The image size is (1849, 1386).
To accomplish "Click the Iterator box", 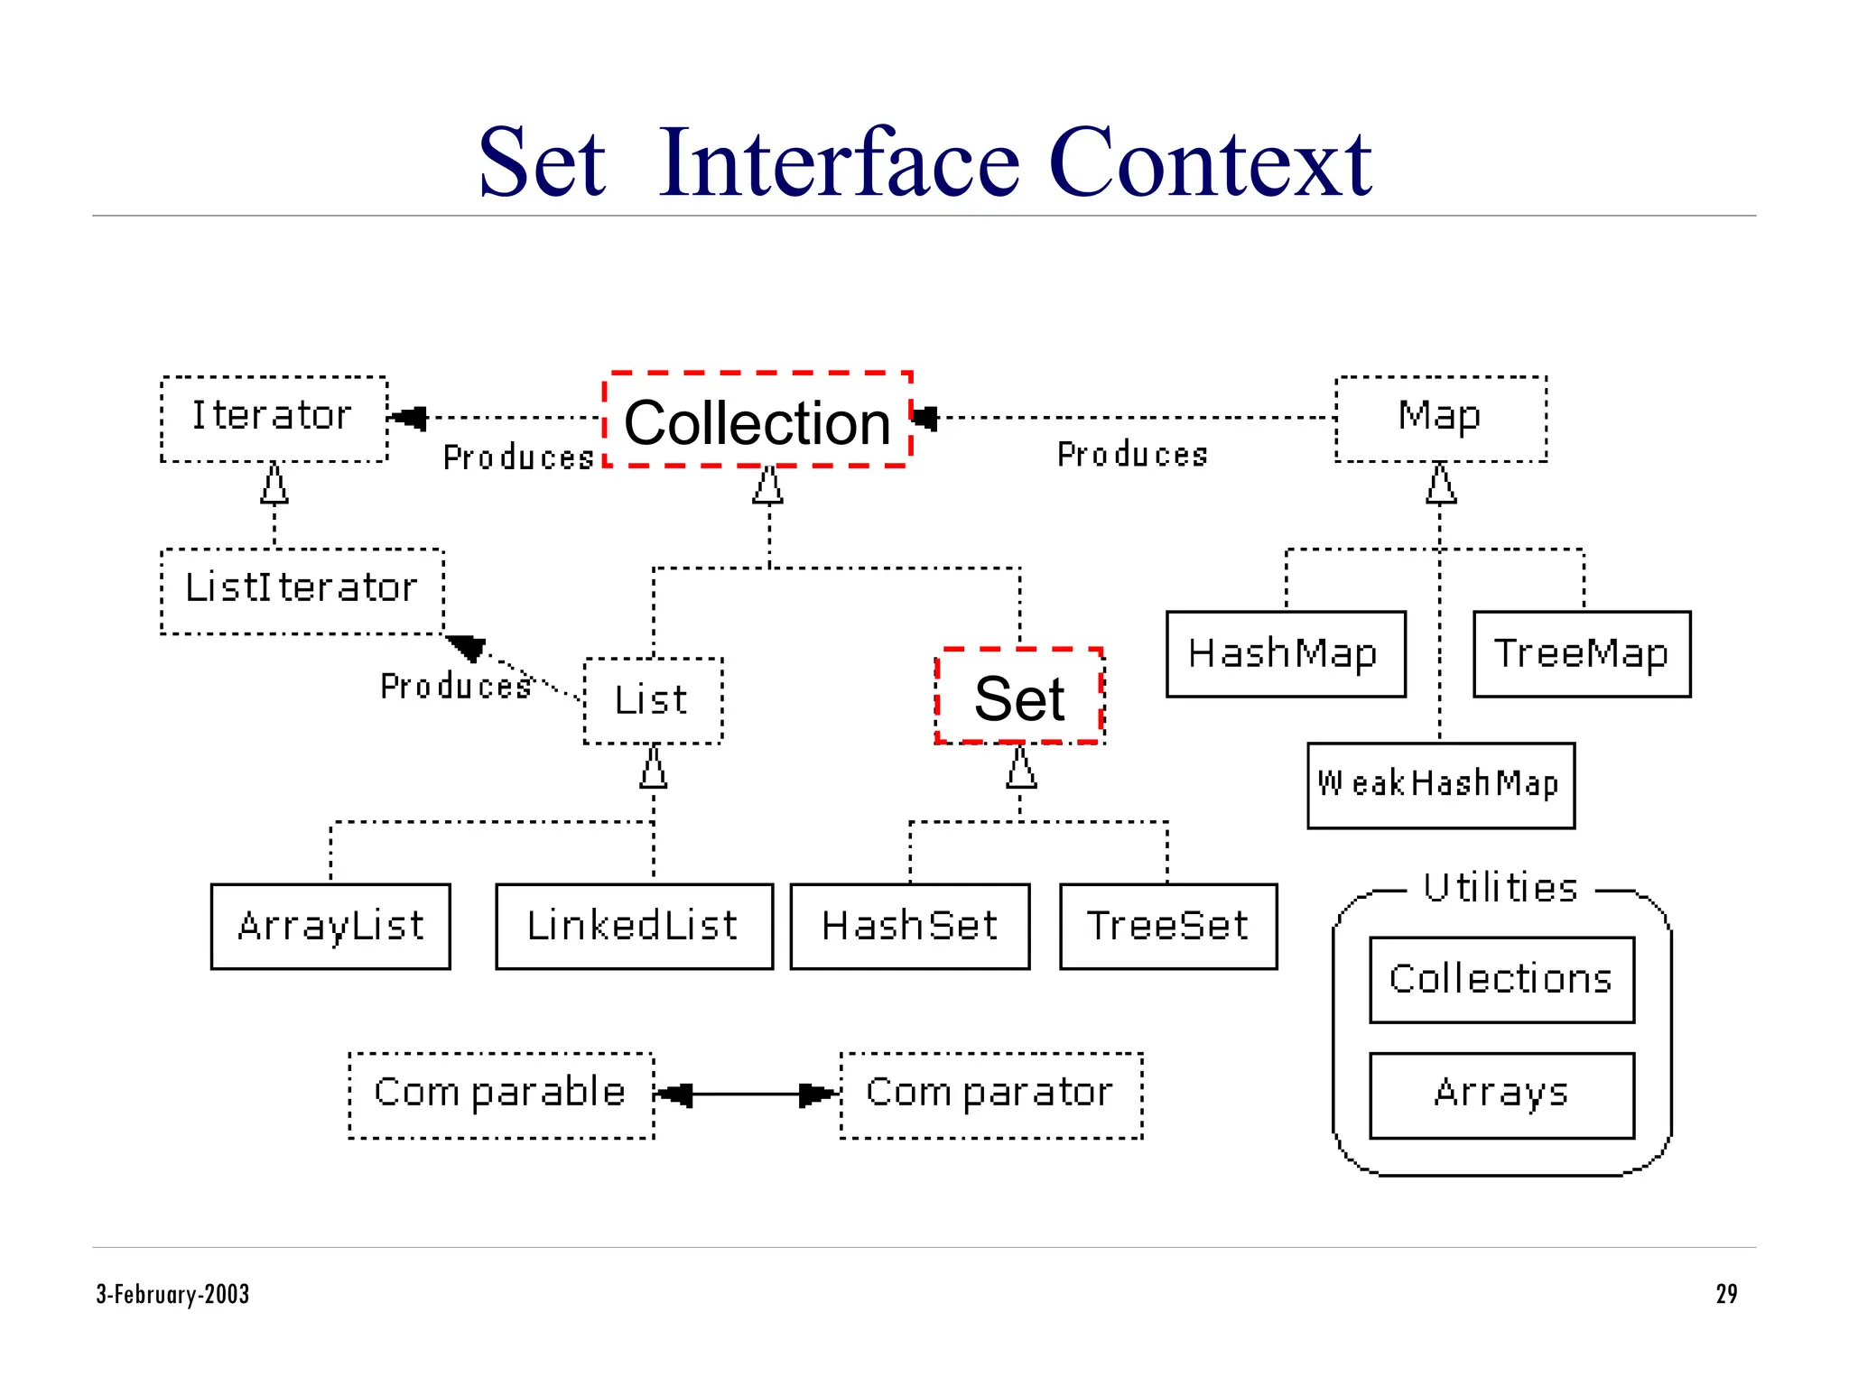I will (x=274, y=419).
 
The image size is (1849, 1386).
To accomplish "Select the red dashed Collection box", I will (x=757, y=420).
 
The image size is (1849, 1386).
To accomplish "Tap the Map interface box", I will (x=1440, y=419).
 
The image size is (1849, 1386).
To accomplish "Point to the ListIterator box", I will (x=302, y=591).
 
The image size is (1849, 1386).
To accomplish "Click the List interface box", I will (x=653, y=700).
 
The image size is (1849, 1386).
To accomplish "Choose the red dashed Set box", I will (x=1019, y=697).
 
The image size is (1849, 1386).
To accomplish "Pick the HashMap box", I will (x=1285, y=653).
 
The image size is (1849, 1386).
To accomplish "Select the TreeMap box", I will (x=1581, y=653).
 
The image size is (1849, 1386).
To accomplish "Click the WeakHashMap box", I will (x=1440, y=785).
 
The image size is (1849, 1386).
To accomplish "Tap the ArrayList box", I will (x=330, y=926).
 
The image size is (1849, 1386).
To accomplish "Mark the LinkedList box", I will (x=634, y=926).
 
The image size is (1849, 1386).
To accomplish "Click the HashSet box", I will (x=909, y=926).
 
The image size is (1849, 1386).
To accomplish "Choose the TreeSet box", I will (x=1167, y=926).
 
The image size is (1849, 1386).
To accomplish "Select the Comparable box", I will (x=501, y=1095).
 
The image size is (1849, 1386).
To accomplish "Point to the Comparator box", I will (x=990, y=1095).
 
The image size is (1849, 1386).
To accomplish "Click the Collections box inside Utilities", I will (x=1501, y=979).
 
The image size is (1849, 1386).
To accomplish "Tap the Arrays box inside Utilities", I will (x=1501, y=1095).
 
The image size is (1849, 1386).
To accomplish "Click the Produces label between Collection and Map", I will (x=1132, y=455).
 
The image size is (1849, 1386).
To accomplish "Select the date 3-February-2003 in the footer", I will (x=172, y=1294).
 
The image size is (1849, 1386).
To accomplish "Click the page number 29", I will (x=1725, y=1294).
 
